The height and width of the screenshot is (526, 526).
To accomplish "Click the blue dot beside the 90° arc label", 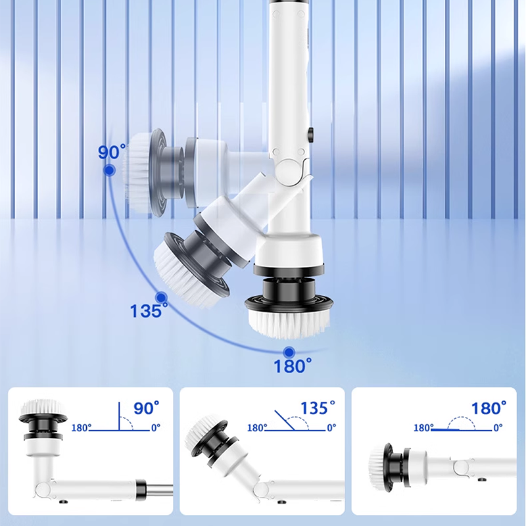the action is [x=109, y=170].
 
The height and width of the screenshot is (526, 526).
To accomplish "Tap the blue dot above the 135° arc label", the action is [x=161, y=298].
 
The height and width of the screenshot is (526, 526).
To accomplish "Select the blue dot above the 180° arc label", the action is [x=289, y=352].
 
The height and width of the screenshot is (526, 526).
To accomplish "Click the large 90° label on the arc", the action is [x=112, y=152].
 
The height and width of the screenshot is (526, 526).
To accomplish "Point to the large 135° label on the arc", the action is [x=149, y=310].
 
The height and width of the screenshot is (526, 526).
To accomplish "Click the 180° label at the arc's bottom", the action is [x=293, y=366].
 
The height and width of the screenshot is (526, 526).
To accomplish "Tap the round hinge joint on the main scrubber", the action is [x=288, y=169].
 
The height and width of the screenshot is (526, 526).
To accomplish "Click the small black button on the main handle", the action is [x=310, y=133].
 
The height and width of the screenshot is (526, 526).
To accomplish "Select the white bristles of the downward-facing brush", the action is [x=288, y=323].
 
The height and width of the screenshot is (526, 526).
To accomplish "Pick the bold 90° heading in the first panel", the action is [x=146, y=408].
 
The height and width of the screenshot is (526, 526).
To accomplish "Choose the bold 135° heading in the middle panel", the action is [x=318, y=408].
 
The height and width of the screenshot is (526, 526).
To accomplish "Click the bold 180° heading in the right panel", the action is [x=489, y=408].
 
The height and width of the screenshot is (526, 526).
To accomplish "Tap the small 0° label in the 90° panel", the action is [x=156, y=428].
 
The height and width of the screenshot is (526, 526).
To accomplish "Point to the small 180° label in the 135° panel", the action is [x=257, y=428].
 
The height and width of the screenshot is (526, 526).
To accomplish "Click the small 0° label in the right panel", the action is [x=498, y=428].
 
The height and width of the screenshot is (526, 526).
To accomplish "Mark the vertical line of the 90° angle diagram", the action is [x=119, y=416].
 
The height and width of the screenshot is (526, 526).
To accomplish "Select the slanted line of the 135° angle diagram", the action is [x=285, y=420].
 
